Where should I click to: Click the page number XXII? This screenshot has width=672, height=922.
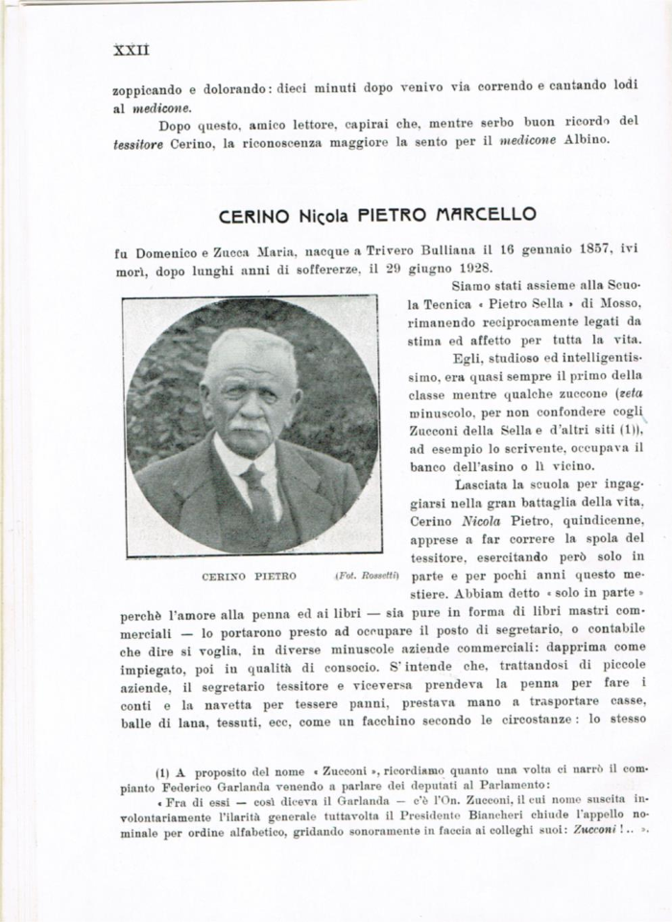(x=131, y=49)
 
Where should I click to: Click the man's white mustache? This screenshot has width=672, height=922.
(x=251, y=423)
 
